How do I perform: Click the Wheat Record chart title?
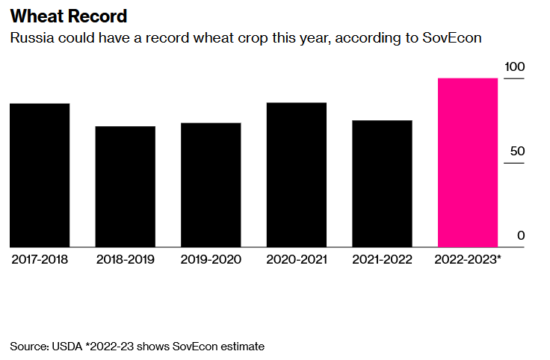click(69, 16)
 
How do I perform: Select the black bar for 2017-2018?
click(40, 176)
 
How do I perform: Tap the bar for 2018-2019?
click(125, 187)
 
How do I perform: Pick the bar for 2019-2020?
click(211, 185)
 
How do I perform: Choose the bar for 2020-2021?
click(297, 175)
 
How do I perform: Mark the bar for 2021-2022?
click(382, 184)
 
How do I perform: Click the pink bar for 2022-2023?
click(468, 163)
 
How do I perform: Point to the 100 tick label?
click(515, 67)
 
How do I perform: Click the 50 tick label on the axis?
click(518, 152)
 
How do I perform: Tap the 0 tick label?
click(521, 236)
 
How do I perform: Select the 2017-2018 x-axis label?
click(40, 259)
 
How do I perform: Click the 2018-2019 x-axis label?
click(125, 259)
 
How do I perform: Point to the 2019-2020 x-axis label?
click(211, 259)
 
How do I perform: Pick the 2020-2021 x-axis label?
click(297, 259)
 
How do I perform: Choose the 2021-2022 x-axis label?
click(382, 259)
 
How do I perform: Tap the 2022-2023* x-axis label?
click(468, 259)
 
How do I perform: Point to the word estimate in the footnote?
click(241, 347)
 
